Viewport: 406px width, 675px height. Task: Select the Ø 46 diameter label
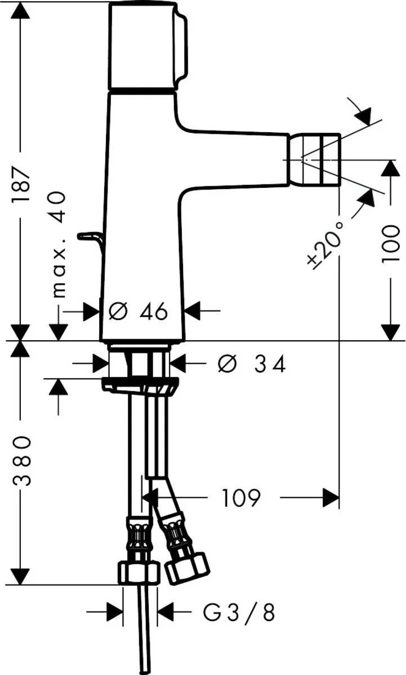coord(139,310)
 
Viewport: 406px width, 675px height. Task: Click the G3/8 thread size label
coord(239,612)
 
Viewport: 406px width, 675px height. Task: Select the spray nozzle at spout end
coord(314,159)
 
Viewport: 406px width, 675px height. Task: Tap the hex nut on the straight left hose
coord(139,573)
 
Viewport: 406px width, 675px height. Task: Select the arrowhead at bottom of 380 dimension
coord(21,576)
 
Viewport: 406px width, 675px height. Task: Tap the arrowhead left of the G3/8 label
coord(115,612)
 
